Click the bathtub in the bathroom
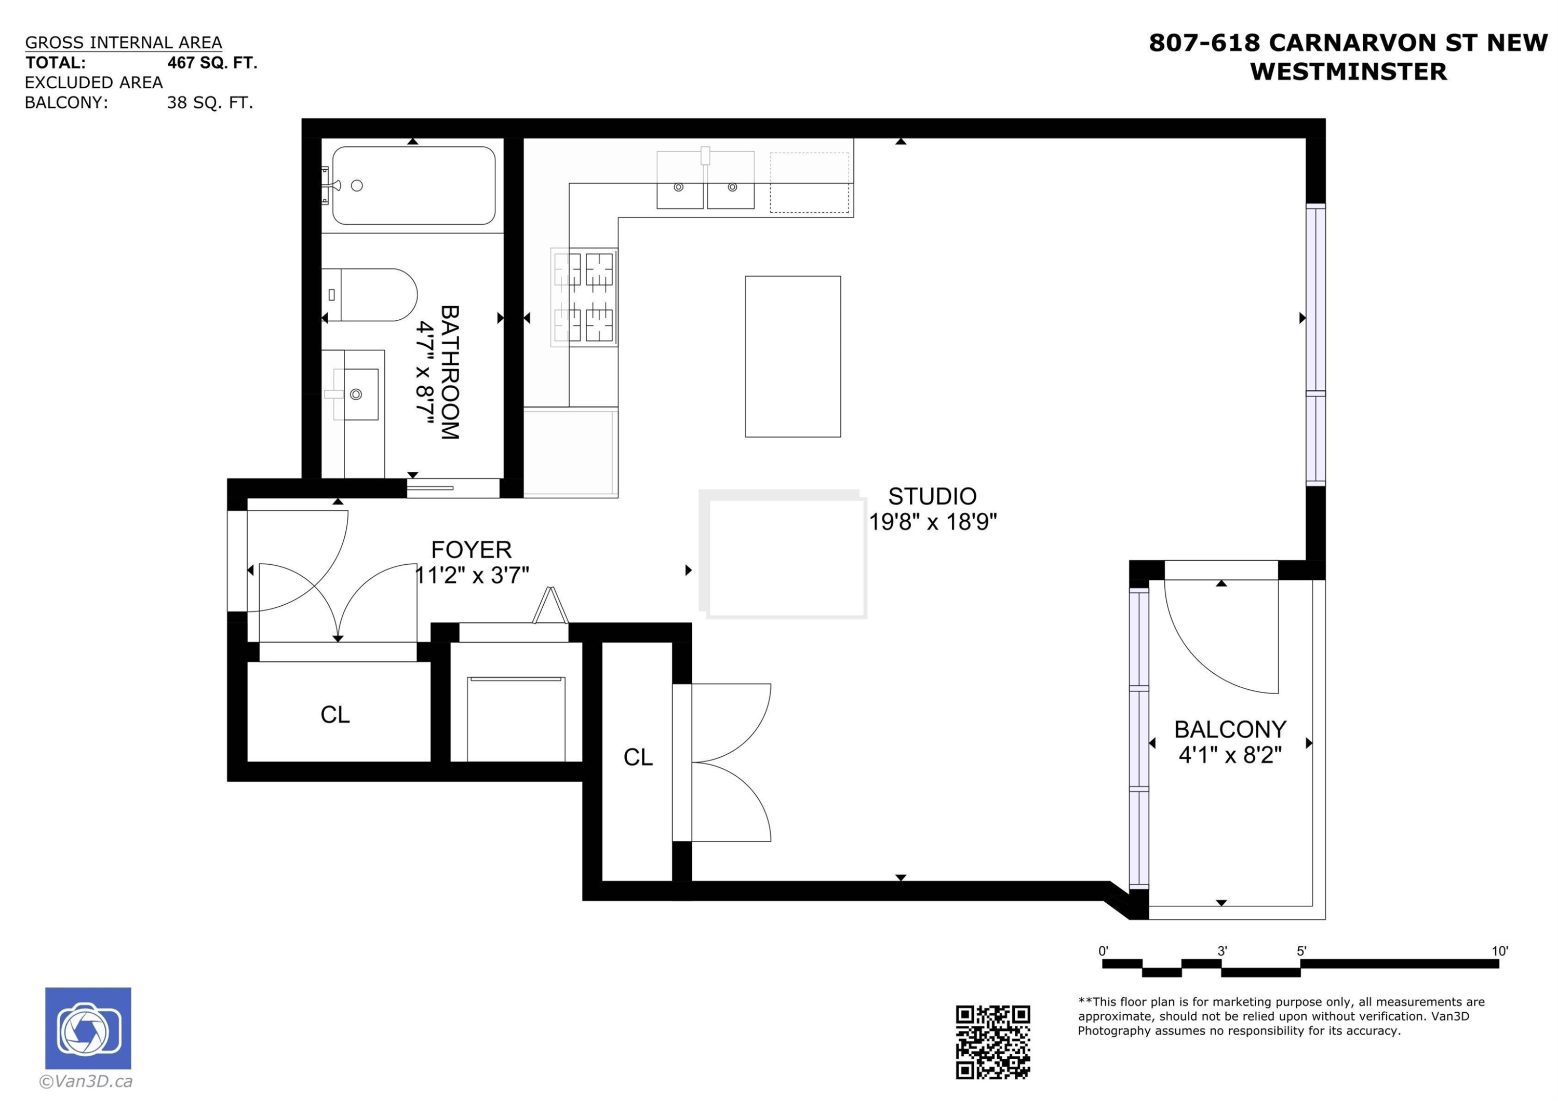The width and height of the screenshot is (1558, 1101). coord(413,185)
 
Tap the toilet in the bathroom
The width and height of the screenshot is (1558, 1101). coord(369,295)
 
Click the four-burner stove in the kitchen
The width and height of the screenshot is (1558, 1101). coord(584,296)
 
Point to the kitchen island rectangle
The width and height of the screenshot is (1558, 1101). coord(793,356)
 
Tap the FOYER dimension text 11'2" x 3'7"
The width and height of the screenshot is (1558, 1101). coord(472,575)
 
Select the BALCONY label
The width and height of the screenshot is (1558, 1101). coord(1230,729)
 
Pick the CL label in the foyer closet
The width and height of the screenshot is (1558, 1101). coord(335,714)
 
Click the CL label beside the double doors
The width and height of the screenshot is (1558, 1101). coord(638,757)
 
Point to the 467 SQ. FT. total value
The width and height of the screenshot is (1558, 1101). coord(212,63)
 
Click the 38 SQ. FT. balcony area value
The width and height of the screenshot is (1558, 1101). coord(210,103)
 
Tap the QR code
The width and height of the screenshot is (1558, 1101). coord(993,1042)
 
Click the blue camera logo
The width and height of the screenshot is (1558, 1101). coord(88,1028)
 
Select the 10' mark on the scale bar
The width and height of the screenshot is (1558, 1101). coord(1500,951)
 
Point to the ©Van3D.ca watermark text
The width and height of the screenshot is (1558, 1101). coord(86,1081)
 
